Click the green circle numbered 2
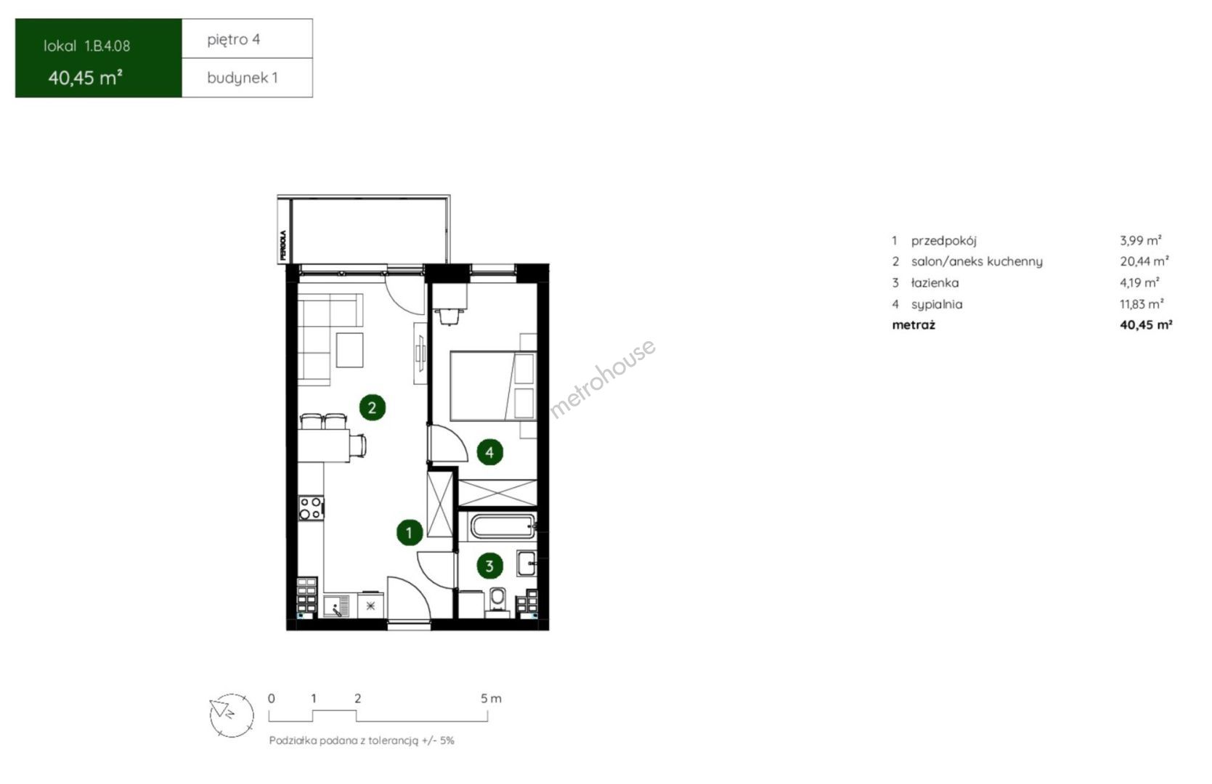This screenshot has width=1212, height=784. [373, 407]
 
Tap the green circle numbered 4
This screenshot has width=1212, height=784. [489, 452]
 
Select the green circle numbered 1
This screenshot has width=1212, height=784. [410, 533]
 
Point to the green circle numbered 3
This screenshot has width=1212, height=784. [489, 566]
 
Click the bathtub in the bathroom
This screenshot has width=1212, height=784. [503, 526]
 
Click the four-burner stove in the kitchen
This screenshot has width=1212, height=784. [311, 508]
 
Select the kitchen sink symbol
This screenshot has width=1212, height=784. [336, 606]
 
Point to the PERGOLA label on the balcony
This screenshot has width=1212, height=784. [283, 245]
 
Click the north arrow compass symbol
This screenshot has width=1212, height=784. [232, 715]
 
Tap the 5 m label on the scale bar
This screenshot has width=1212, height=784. [491, 698]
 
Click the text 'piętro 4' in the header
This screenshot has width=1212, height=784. [233, 39]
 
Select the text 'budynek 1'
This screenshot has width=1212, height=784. [243, 78]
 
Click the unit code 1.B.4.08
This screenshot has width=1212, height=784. [107, 46]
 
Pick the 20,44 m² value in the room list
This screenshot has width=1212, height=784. [1144, 261]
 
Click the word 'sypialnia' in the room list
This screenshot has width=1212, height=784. [937, 305]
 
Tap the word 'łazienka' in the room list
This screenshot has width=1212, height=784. [935, 283]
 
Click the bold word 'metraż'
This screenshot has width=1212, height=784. [914, 325]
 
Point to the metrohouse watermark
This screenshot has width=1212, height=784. [602, 378]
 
